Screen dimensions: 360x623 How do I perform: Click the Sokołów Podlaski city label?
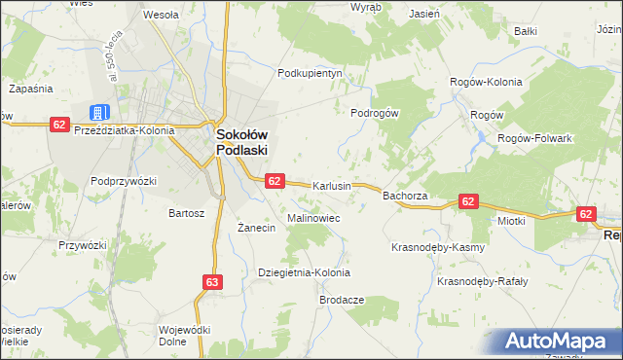pyautogui.click(x=241, y=143)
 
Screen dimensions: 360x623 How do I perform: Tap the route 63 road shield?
pyautogui.click(x=213, y=281)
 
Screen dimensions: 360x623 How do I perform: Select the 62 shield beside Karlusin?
pyautogui.click(x=275, y=181)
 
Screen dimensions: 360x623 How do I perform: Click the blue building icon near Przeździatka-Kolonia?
pyautogui.click(x=100, y=113)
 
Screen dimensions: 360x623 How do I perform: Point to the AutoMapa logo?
pyautogui.click(x=556, y=342)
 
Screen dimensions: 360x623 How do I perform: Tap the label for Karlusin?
pyautogui.click(x=331, y=185)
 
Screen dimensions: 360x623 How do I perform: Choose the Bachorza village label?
pyautogui.click(x=406, y=196)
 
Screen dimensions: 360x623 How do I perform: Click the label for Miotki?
pyautogui.click(x=511, y=221)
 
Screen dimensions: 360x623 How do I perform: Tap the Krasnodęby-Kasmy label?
pyautogui.click(x=438, y=247)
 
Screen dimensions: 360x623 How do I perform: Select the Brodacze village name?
pyautogui.click(x=342, y=300)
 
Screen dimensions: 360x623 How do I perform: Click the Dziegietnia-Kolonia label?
pyautogui.click(x=304, y=272)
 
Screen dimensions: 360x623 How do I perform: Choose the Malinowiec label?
pyautogui.click(x=313, y=218)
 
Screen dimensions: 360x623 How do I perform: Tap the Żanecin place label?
pyautogui.click(x=258, y=228)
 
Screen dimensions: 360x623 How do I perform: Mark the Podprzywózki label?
pyautogui.click(x=124, y=181)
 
